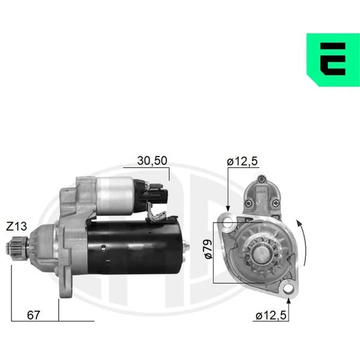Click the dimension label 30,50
[152, 161]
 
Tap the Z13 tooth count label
[16, 226]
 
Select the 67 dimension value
[34, 315]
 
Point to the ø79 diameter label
[208, 249]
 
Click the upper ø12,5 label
[242, 161]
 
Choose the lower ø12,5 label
[271, 316]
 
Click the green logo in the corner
[333, 59]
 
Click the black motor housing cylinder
[134, 247]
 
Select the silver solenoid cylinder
[115, 196]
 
